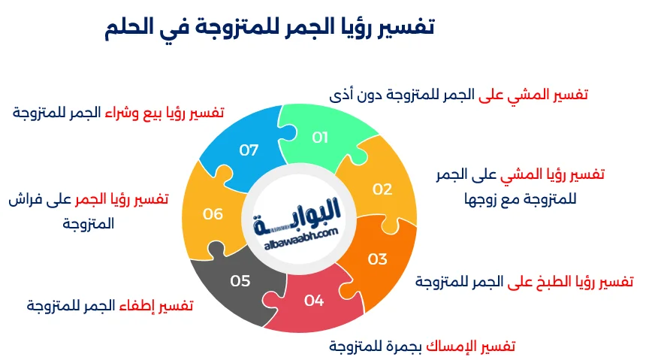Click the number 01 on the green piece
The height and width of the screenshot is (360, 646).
click(321, 137)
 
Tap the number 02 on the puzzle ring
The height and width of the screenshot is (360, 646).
click(382, 189)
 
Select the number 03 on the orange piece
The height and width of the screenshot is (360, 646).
click(377, 259)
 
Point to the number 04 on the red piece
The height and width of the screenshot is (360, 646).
click(314, 301)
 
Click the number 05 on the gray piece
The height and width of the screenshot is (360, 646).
click(240, 281)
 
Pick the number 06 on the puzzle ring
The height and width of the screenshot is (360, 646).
click(213, 214)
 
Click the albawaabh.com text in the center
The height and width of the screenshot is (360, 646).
click(303, 235)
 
